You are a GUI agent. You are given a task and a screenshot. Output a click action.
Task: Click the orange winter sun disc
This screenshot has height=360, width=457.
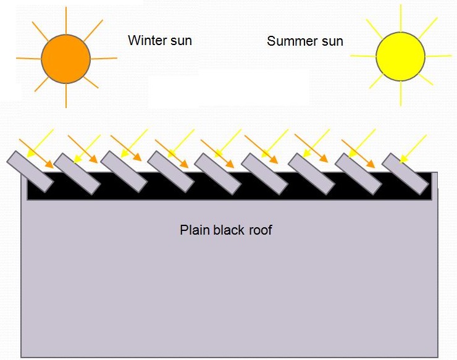coord(66,59)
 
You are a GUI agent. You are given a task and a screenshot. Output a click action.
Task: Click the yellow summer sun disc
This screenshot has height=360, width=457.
coord(400,56)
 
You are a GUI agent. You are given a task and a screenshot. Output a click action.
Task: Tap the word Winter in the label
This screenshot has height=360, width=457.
coord(147,40)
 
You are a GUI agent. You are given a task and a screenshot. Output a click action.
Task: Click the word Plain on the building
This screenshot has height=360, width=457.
coord(195,230)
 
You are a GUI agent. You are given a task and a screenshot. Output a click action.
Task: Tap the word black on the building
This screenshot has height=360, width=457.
coord(228,230)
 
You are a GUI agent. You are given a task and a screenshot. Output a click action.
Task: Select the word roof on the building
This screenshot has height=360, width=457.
coord(260,230)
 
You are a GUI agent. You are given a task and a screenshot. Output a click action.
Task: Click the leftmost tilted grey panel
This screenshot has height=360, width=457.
coord(30,172)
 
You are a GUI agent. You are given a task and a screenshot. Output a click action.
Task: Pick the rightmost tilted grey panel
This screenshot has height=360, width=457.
coord(405,174)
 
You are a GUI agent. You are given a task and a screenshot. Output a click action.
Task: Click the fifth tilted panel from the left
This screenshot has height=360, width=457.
coord(218,174)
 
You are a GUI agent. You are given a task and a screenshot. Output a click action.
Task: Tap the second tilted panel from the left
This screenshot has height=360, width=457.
coord(77,174)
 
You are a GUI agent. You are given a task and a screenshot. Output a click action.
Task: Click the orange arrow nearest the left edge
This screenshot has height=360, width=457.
coord(36,154)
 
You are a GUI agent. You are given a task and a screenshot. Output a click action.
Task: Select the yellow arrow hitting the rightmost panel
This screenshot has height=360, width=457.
coord(413,149)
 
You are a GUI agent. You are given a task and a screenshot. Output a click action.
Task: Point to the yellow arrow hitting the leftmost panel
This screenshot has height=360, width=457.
coord(40,143)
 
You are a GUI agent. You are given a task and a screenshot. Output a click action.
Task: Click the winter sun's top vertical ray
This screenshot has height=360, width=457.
coord(66,20)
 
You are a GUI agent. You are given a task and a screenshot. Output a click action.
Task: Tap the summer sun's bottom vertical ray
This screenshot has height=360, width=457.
coord(401,94)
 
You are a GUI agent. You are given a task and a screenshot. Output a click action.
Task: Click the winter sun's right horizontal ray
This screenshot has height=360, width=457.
coord(104,58)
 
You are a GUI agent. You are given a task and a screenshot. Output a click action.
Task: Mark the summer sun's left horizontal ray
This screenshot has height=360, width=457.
coord(363,56)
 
